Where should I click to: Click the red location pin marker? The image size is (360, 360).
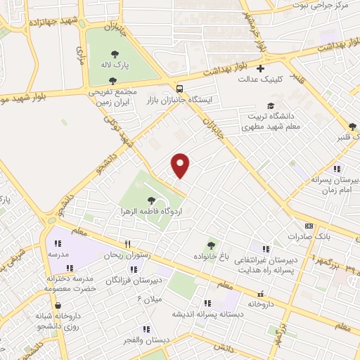click(x=181, y=165)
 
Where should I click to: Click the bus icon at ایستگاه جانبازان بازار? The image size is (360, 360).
click(x=181, y=89)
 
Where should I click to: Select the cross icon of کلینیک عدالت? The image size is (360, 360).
click(x=261, y=69)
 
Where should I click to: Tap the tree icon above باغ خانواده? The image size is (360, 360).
click(x=211, y=245)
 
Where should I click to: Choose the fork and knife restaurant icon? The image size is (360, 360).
click(x=127, y=244)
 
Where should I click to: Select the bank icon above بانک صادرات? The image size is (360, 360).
click(x=309, y=226)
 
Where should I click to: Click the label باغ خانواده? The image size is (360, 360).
click(x=210, y=256)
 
